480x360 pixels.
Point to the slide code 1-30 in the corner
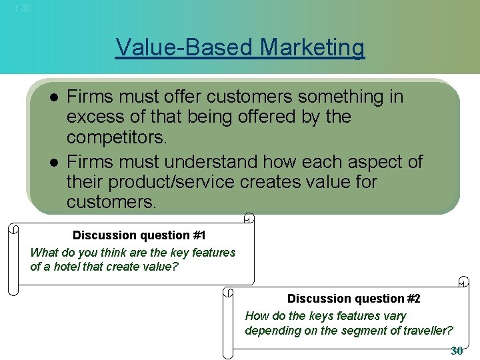22,8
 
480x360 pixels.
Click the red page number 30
457,351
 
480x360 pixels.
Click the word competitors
117,138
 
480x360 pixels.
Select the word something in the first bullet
336,97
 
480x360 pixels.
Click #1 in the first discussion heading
199,235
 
